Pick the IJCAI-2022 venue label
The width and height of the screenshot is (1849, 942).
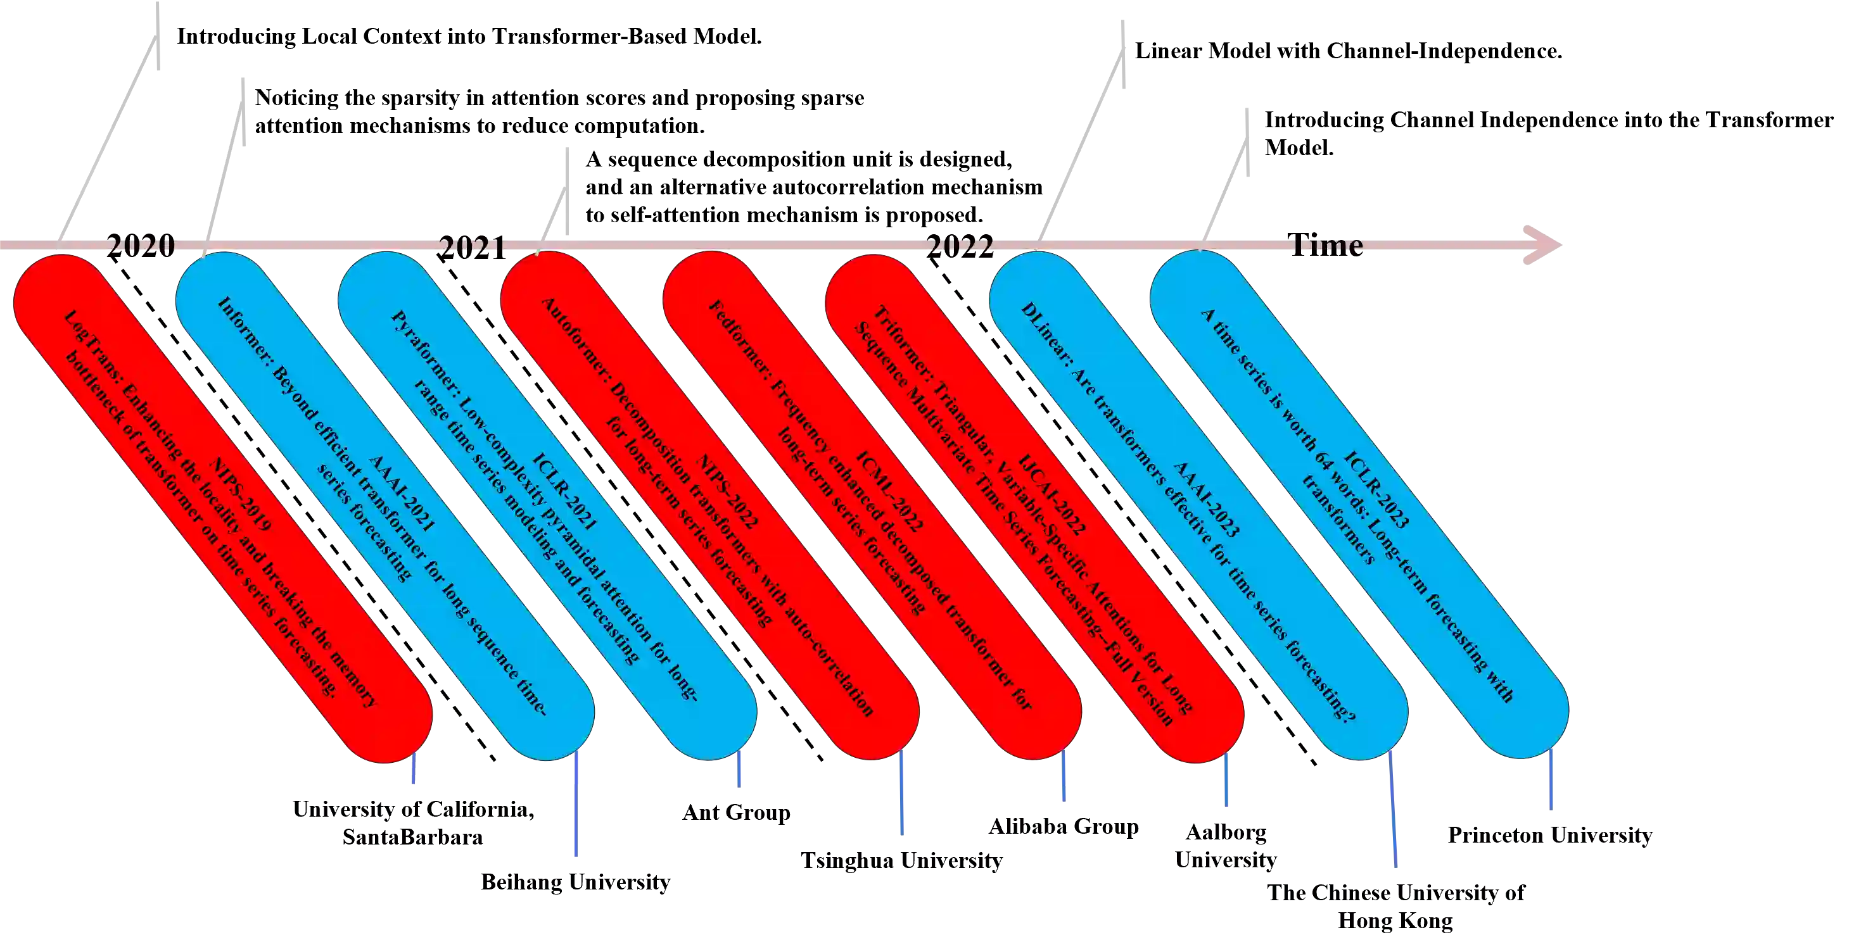[x=1052, y=495]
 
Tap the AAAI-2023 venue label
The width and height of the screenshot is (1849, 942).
[x=1206, y=500]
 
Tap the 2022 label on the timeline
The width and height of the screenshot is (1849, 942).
[x=960, y=246]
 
